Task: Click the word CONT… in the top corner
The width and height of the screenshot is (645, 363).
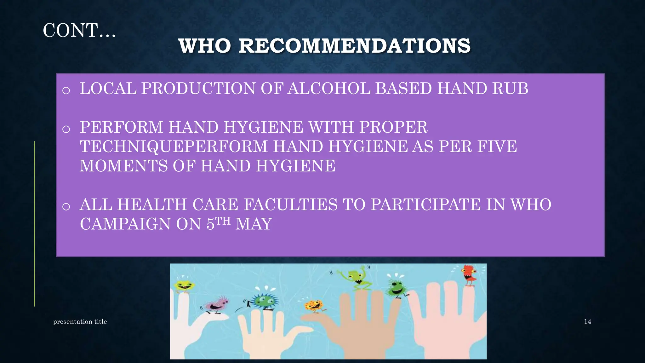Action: (79, 31)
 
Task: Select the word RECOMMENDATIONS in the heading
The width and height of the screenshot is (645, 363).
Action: (354, 46)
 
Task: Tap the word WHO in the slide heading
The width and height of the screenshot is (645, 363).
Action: (205, 46)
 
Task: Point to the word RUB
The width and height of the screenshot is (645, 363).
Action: (510, 89)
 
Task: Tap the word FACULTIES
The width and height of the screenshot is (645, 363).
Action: (290, 205)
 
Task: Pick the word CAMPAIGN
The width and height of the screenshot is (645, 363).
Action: (125, 224)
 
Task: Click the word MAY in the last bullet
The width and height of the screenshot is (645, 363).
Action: (254, 224)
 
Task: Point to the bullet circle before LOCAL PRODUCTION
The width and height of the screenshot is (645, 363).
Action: (66, 91)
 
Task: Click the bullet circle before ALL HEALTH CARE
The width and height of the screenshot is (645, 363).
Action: (66, 207)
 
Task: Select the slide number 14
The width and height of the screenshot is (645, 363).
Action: (587, 321)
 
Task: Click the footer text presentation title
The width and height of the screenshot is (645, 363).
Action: (80, 321)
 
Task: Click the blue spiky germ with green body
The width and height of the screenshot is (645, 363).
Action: (263, 300)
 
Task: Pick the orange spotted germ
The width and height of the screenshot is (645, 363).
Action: (314, 306)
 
